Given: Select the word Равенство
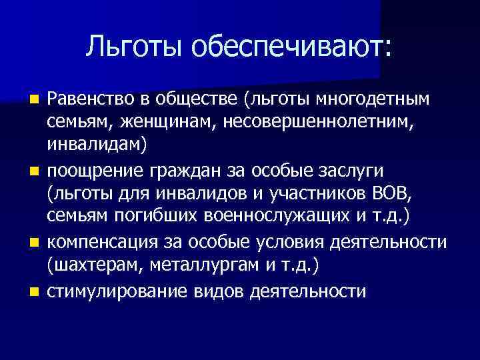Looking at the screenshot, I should [91, 99].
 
